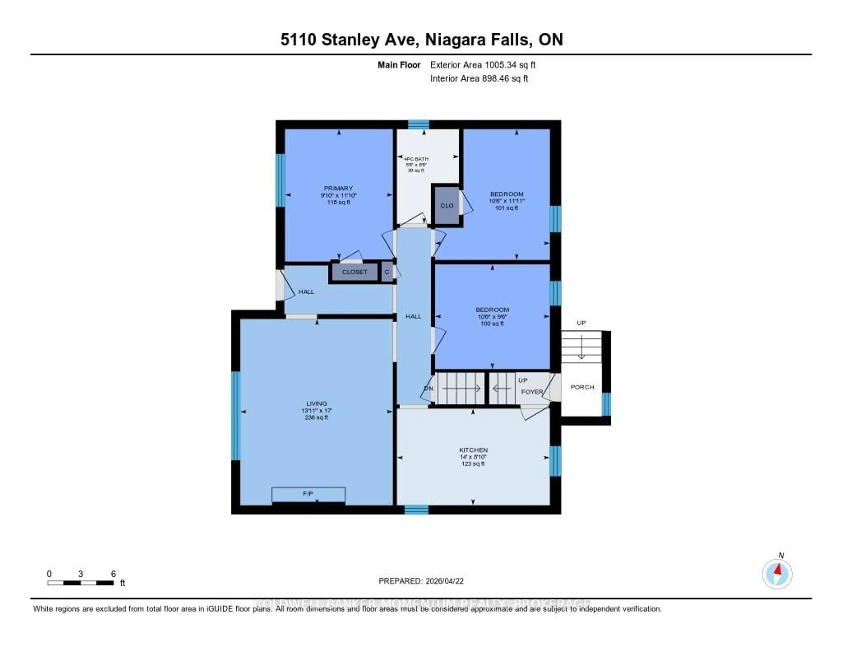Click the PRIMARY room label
(x=338, y=188)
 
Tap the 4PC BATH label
(x=416, y=159)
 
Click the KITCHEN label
(x=473, y=450)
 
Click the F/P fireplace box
(x=308, y=494)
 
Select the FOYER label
(x=532, y=392)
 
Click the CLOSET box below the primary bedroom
(x=354, y=272)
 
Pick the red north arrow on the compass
(x=778, y=569)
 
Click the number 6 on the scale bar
(x=113, y=574)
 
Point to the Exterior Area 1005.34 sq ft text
(x=483, y=65)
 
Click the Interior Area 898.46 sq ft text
(x=479, y=78)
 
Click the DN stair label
(x=428, y=388)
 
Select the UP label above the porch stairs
(x=581, y=323)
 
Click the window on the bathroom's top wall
(x=418, y=124)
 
